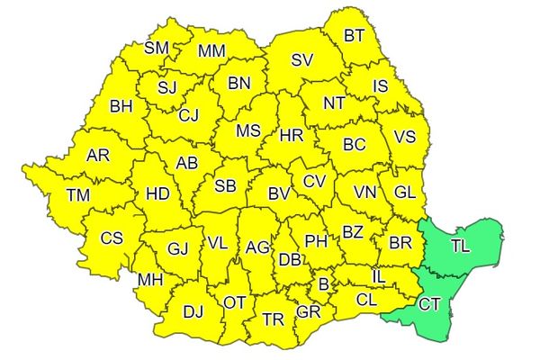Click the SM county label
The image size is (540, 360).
(x=157, y=48)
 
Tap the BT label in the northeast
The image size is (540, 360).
(x=355, y=35)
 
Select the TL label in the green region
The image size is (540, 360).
(x=460, y=246)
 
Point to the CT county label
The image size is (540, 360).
(x=429, y=304)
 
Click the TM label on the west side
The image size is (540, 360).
(x=78, y=194)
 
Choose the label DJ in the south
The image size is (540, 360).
(x=193, y=311)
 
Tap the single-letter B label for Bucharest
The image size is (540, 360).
(x=324, y=285)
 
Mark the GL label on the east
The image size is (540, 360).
(x=405, y=191)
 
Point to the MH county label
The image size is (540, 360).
(x=149, y=280)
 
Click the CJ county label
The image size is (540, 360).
(x=189, y=114)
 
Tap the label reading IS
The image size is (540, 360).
(x=380, y=86)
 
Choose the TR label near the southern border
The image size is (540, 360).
(x=273, y=319)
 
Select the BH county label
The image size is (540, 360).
(x=121, y=106)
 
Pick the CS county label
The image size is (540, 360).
(x=112, y=238)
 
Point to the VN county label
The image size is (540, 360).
(x=364, y=192)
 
